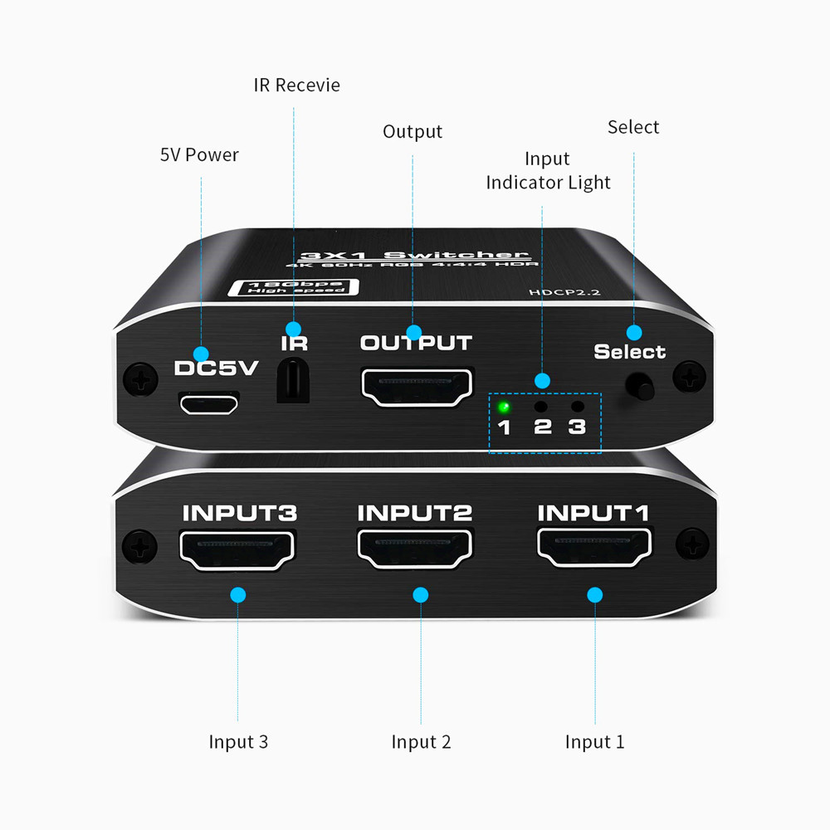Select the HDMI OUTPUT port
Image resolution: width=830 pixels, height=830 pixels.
[x=416, y=387]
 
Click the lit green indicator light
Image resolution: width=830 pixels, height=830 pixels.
[x=503, y=407]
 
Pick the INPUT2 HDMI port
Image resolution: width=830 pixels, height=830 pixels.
[x=415, y=550]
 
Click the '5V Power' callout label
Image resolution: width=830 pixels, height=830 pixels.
[x=199, y=155]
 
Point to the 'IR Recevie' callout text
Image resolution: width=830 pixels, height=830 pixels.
[x=296, y=85]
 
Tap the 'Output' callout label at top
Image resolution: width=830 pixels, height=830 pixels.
[x=413, y=132]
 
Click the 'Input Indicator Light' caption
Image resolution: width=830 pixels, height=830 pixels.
[x=548, y=171]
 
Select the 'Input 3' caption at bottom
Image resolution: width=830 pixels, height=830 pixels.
[x=238, y=741]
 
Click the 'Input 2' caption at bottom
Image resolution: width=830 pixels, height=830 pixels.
[x=421, y=741]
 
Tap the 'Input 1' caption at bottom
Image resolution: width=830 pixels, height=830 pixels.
[x=594, y=741]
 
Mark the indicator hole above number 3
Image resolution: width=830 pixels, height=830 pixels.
[x=578, y=407]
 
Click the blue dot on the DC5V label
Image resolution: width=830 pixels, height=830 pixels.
[x=200, y=353]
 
